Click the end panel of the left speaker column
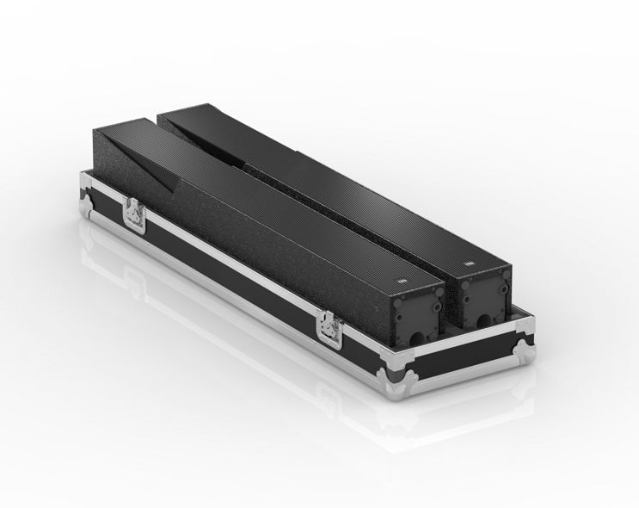[x=416, y=314]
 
